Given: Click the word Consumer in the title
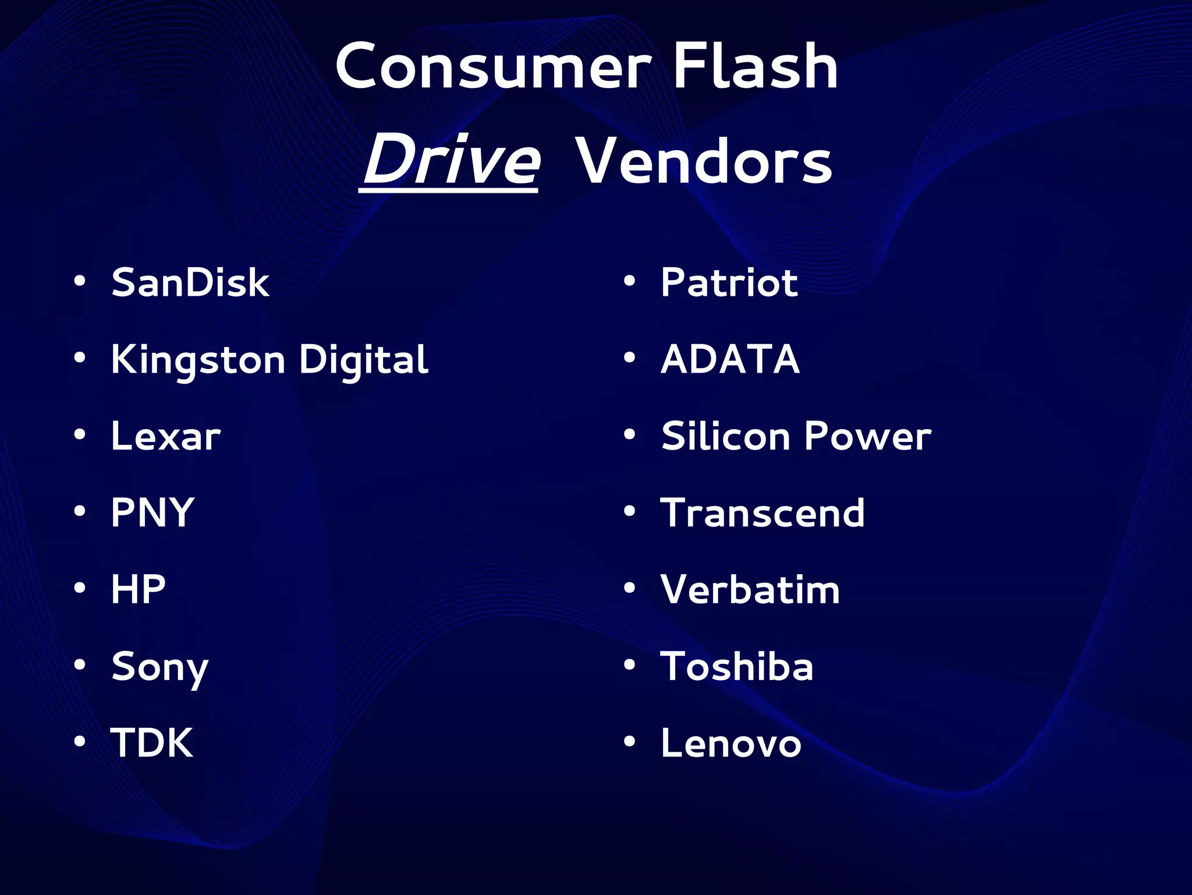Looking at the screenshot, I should pyautogui.click(x=492, y=67).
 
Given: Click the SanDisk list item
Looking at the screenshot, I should pyautogui.click(x=190, y=282).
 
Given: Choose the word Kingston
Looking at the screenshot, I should pyautogui.click(x=198, y=360).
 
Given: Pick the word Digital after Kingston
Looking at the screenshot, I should pyautogui.click(x=363, y=360).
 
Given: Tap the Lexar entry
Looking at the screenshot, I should pyautogui.click(x=166, y=436).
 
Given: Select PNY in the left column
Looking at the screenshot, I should pyautogui.click(x=152, y=512).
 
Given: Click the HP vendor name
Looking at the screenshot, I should pyautogui.click(x=139, y=589).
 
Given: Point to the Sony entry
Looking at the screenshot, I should pyautogui.click(x=159, y=667).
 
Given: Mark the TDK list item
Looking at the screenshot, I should pyautogui.click(x=152, y=743).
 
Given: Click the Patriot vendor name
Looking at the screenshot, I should pyautogui.click(x=729, y=282).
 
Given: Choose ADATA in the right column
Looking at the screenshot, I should pyautogui.click(x=730, y=359).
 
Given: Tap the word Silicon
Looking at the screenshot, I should pyautogui.click(x=725, y=436).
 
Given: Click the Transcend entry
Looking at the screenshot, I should pyautogui.click(x=762, y=513).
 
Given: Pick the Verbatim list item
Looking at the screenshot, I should pyautogui.click(x=750, y=589).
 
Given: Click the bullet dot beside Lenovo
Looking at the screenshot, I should pyautogui.click(x=629, y=741).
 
